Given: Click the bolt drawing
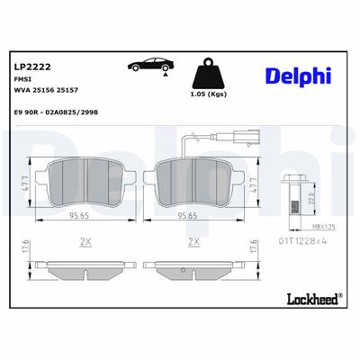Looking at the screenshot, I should click(292, 193).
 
